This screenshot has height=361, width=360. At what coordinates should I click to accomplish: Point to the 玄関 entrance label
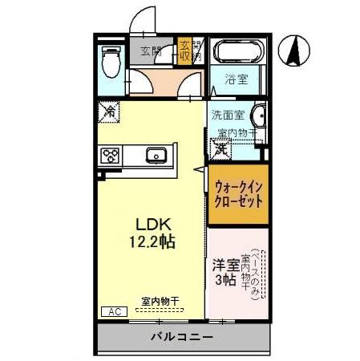[x=151, y=53]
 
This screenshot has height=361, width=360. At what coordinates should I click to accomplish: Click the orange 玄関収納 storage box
[x=185, y=51]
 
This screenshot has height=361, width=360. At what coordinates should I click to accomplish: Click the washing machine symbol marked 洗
[x=220, y=148]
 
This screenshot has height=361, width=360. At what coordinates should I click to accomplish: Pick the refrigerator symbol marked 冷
[x=108, y=112]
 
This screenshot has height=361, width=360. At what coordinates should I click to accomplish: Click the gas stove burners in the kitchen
[x=110, y=155]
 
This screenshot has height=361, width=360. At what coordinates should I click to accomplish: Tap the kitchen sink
[x=156, y=155]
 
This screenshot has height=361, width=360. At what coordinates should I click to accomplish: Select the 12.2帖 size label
[x=151, y=240]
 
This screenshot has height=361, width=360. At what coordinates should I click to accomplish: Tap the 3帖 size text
[x=224, y=280]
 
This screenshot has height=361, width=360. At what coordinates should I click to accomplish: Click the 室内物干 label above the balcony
[x=160, y=302]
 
